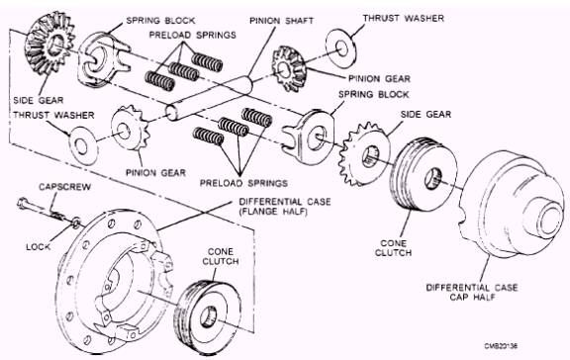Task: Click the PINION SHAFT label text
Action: [x=281, y=21]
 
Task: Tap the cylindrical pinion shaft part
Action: [x=209, y=98]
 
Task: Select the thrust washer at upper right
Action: [x=341, y=48]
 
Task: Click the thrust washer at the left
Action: [x=83, y=145]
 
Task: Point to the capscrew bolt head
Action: [x=23, y=204]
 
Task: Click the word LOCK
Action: [x=39, y=247]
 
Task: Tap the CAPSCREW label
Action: [x=64, y=187]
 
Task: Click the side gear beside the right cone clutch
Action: [x=364, y=153]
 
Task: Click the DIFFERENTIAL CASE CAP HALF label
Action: [x=472, y=292]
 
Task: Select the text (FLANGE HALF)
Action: [x=273, y=212]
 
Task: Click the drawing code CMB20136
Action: [x=501, y=345]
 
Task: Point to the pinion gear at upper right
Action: [x=288, y=68]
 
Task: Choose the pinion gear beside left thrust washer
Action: [x=131, y=128]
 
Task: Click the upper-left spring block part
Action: [x=102, y=60]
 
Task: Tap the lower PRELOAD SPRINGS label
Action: [x=243, y=183]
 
